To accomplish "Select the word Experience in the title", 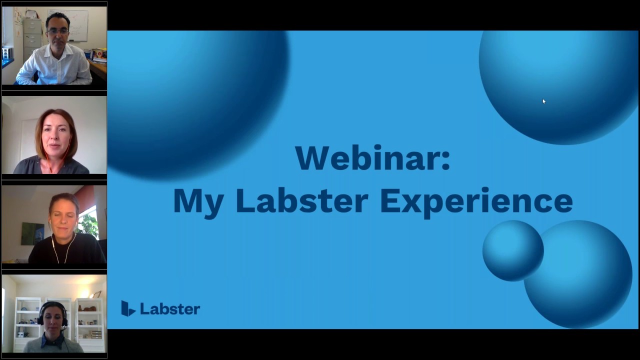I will point(475,201).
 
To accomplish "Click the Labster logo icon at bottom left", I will point(128,308).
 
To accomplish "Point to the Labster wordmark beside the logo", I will point(170,309).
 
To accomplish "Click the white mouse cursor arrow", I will point(543,101).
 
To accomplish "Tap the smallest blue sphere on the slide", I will point(512,250).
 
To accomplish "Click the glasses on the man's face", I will point(57,31).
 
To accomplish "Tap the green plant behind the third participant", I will point(89,222).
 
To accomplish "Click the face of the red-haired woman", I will point(55,137).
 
